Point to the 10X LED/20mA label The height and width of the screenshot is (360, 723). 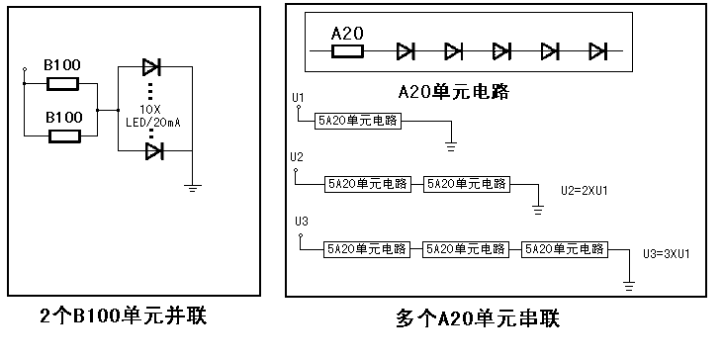(x=151, y=116)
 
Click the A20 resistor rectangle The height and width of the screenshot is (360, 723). (x=349, y=50)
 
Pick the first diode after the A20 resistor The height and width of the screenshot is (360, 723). (x=406, y=50)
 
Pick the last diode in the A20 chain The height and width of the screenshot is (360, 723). (x=596, y=50)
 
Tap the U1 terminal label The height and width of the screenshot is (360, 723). (x=299, y=97)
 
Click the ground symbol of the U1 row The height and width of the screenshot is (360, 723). (x=451, y=145)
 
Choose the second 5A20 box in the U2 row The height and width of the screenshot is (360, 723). (x=465, y=183)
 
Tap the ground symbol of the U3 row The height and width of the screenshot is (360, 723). (x=628, y=287)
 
